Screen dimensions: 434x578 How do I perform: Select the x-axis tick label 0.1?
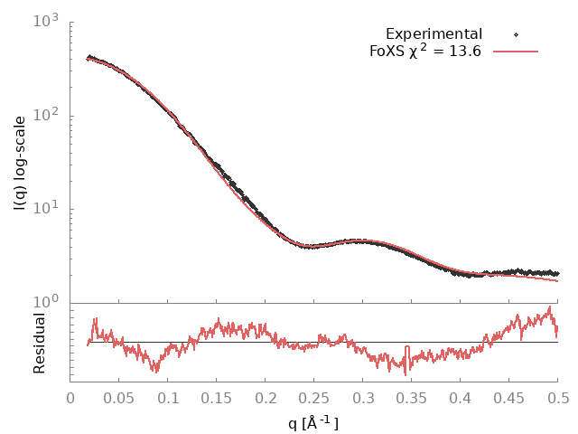[168, 397]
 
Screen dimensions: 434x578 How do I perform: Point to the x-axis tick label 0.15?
[217, 397]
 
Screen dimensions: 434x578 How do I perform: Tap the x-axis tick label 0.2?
[266, 397]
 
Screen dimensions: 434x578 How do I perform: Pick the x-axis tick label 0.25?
[314, 397]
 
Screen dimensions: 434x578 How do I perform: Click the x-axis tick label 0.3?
[363, 397]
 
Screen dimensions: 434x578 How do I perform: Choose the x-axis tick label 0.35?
[412, 397]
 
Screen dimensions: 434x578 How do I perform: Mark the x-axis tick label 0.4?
[461, 397]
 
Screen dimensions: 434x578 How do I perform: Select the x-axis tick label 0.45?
[509, 397]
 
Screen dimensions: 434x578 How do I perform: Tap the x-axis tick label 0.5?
[558, 397]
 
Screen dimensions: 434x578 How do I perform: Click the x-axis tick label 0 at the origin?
[70, 397]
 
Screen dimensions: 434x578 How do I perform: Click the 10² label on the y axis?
[47, 116]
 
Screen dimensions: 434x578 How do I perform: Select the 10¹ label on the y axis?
[47, 209]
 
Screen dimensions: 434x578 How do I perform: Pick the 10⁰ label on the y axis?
[47, 303]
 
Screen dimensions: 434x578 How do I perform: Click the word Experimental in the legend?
[433, 34]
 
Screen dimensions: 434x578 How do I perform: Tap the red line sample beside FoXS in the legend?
[514, 52]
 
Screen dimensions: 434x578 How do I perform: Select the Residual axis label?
[40, 343]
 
